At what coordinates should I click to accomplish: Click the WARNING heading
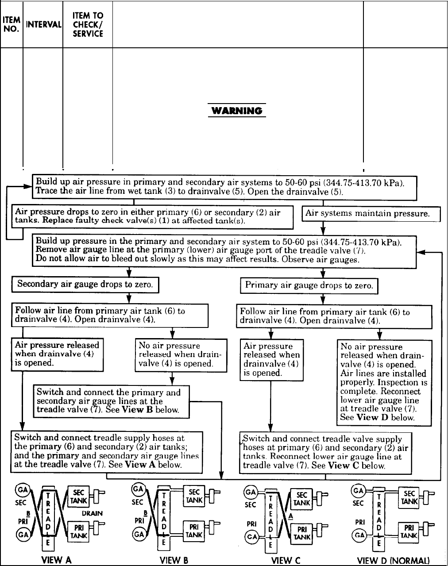point(237,111)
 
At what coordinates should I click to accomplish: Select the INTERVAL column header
point(43,24)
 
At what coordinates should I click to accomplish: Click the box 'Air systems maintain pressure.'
point(371,214)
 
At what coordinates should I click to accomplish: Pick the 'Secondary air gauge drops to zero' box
point(85,284)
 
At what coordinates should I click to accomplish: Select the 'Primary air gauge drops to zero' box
point(309,285)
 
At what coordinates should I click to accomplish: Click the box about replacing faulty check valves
point(152,216)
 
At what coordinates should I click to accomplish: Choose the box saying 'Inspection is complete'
point(384,382)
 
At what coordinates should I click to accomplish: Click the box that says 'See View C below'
point(325,452)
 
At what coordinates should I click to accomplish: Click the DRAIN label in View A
point(92,513)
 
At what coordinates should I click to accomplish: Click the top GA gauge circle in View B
point(138,489)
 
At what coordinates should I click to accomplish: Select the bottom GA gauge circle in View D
point(358,535)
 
